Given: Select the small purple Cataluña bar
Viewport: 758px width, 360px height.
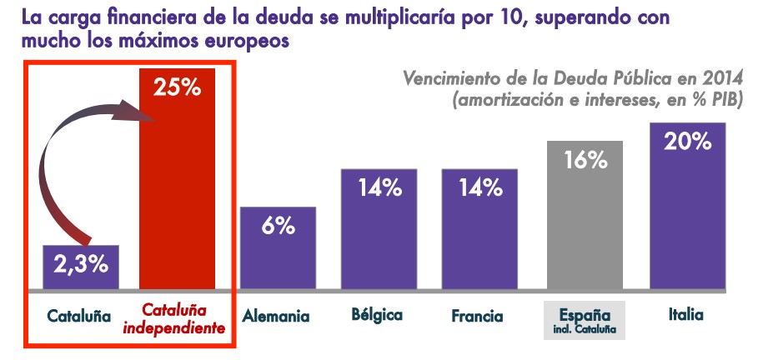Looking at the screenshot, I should tap(82, 267).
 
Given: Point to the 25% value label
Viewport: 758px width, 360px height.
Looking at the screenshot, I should tap(177, 86).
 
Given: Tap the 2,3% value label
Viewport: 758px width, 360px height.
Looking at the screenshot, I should tap(82, 265).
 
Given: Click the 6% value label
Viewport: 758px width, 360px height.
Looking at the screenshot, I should tap(278, 224).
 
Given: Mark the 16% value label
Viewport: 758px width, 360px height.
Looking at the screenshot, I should tap(585, 159).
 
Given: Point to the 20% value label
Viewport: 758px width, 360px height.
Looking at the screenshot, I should tap(687, 141).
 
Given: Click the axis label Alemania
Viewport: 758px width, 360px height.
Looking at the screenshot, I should tap(276, 316).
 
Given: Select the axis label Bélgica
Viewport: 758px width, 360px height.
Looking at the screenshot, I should tap(377, 315).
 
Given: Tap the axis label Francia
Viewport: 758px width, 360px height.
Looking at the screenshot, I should tap(477, 316).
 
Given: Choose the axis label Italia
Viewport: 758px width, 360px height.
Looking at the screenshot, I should tap(686, 314).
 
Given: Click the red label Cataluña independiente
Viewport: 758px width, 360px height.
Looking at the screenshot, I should tap(174, 318).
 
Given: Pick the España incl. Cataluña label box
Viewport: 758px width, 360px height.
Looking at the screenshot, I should tap(585, 322).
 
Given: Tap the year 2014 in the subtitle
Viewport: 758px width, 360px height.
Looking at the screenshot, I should tap(722, 79).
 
